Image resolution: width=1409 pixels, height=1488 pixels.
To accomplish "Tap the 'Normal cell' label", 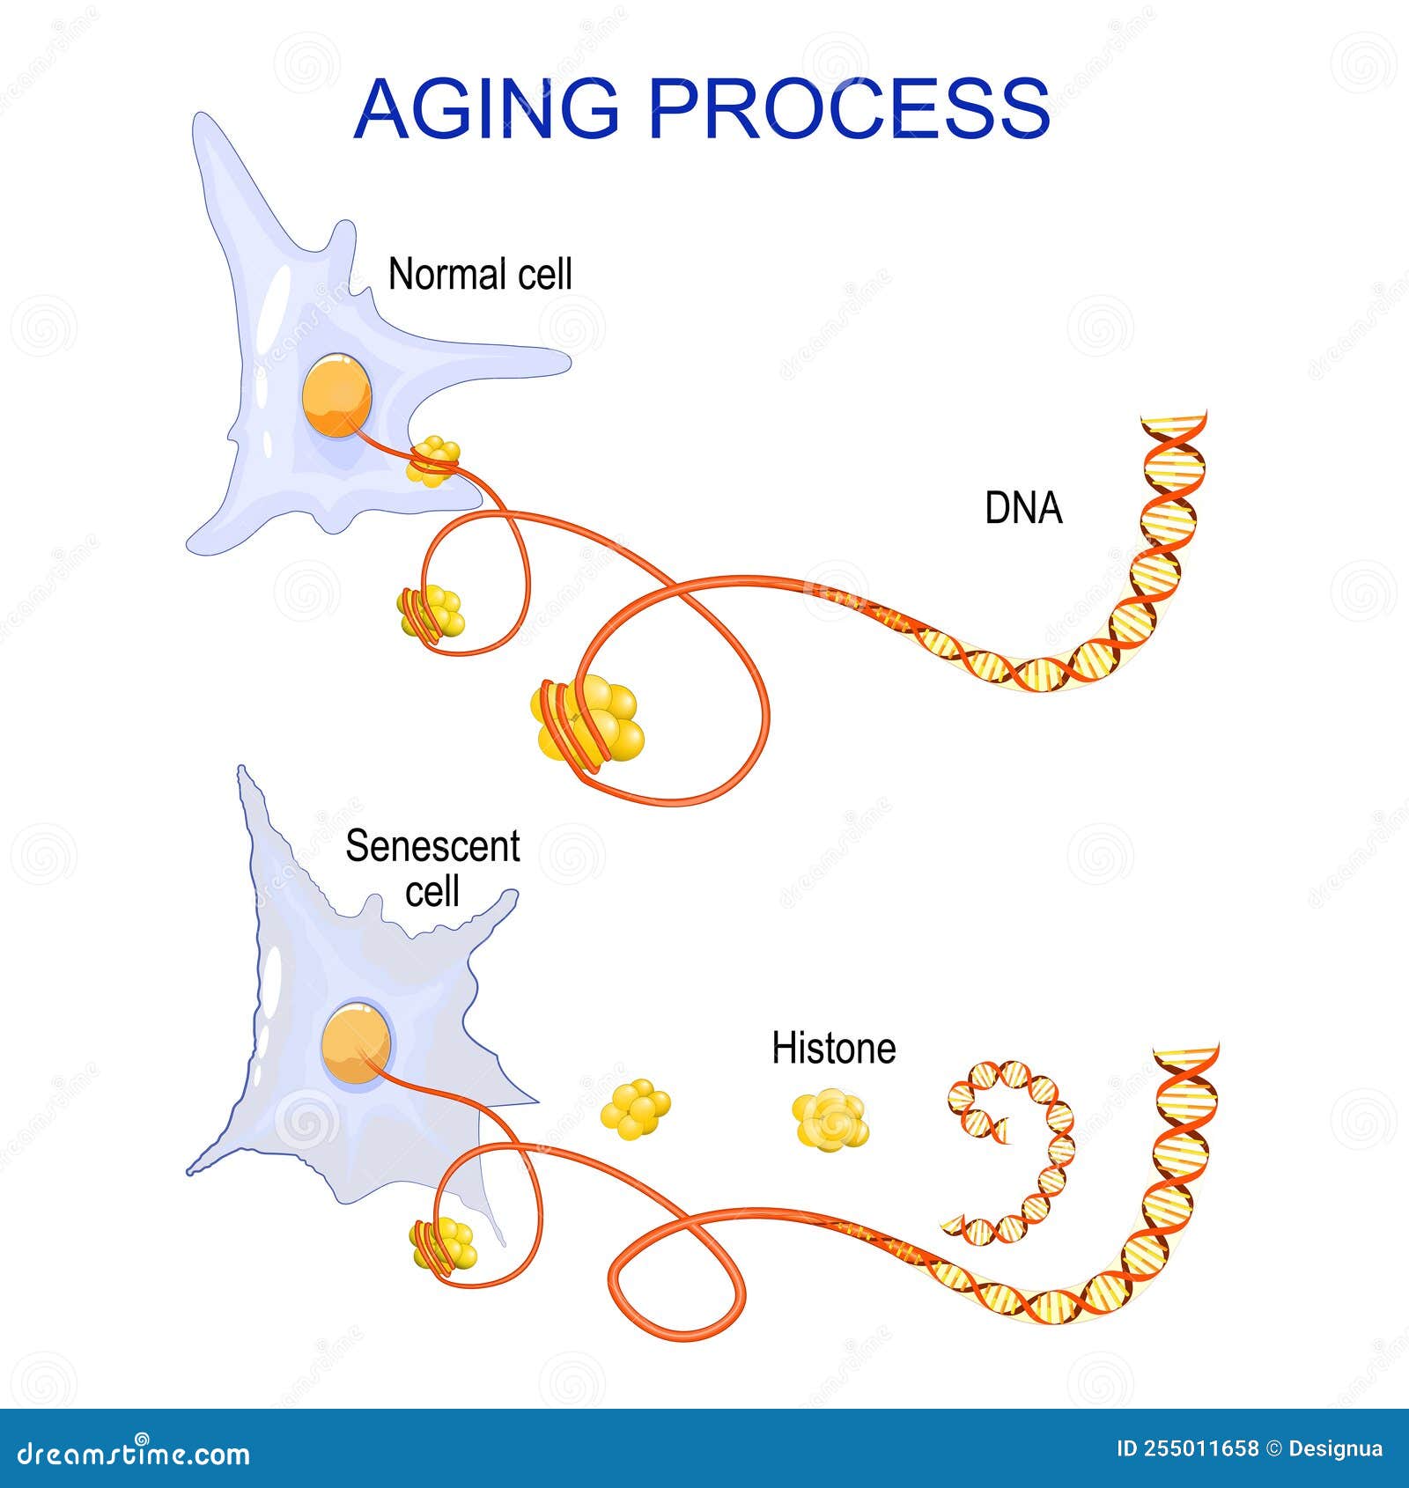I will pos(480,275).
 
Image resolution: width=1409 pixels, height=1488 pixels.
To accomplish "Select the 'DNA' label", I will pos(1023,509).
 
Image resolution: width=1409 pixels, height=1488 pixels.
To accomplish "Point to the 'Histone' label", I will pos(833,1048).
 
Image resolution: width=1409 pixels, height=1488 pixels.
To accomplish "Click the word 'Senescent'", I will pos(432,847).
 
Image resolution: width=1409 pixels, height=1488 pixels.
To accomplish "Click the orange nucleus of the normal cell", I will pos(336,395).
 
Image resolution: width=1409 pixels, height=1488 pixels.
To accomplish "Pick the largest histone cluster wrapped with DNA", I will pos(588,718).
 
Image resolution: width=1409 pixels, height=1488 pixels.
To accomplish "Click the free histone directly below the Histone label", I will pos(830,1118).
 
